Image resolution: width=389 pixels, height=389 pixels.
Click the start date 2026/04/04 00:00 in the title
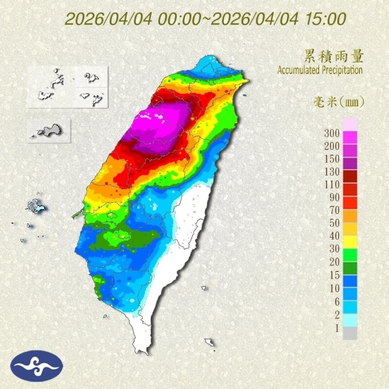click(x=132, y=19)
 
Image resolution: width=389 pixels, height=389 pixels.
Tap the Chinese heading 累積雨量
click(x=334, y=56)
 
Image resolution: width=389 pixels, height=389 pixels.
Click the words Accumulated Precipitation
click(x=320, y=70)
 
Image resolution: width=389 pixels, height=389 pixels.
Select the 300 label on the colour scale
click(x=332, y=132)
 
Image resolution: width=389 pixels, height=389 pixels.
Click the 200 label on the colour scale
click(x=332, y=145)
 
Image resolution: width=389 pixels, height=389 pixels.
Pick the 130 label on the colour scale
click(x=332, y=172)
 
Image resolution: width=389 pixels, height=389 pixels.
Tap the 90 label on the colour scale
click(x=334, y=197)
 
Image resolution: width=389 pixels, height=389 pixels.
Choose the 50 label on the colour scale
click(x=334, y=223)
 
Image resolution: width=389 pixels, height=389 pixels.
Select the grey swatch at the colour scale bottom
click(x=350, y=334)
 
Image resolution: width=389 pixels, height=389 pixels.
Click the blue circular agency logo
click(x=37, y=366)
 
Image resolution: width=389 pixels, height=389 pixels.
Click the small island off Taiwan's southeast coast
click(x=210, y=342)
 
